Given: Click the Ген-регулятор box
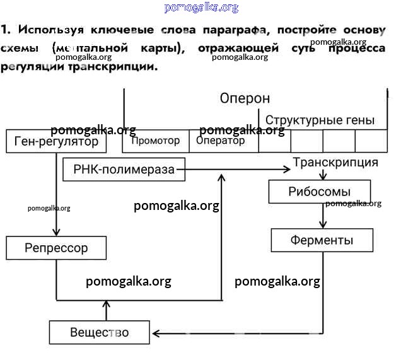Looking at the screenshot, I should [x=56, y=142].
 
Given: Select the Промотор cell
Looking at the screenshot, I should [x=155, y=141].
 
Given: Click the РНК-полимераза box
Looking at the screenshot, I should [x=124, y=169].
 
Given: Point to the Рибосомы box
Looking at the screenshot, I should [x=319, y=192].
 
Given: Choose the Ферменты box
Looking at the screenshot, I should [x=322, y=240].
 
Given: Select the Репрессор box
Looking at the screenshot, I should [x=56, y=248].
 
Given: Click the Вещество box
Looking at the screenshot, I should [x=100, y=332].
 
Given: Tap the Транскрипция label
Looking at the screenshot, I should [x=335, y=163].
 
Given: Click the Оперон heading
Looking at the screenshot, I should [x=245, y=98].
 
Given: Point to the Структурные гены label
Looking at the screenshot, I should [x=320, y=120].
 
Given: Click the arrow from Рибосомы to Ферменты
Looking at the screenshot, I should [x=323, y=216].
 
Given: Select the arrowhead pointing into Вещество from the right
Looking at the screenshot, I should [x=156, y=332].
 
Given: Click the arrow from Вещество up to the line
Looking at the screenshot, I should [x=106, y=310].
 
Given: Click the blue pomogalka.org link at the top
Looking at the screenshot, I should [x=200, y=8].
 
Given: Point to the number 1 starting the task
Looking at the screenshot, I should [x=5, y=30].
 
